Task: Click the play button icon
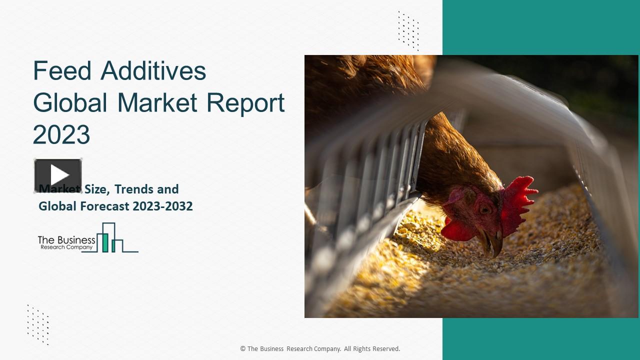(58, 175)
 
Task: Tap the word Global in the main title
(70, 103)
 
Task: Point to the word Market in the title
(157, 103)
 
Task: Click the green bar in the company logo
(105, 242)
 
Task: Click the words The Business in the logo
(66, 240)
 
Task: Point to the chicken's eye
(483, 209)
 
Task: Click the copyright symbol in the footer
(243, 349)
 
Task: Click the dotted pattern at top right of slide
(408, 30)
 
